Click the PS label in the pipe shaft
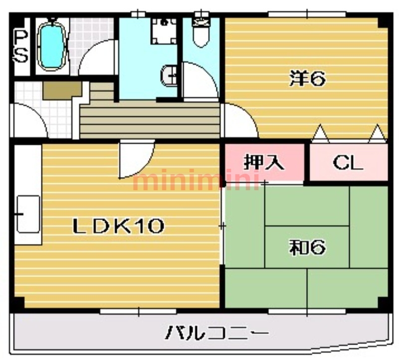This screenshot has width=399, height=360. point(20,46)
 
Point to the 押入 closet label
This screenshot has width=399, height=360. point(263,163)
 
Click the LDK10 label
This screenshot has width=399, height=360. point(119,227)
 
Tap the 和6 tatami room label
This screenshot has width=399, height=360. point(307,247)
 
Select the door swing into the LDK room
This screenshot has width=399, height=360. point(136,159)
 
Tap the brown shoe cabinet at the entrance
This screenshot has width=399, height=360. point(62,90)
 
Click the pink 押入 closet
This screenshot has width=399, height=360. point(263,163)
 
